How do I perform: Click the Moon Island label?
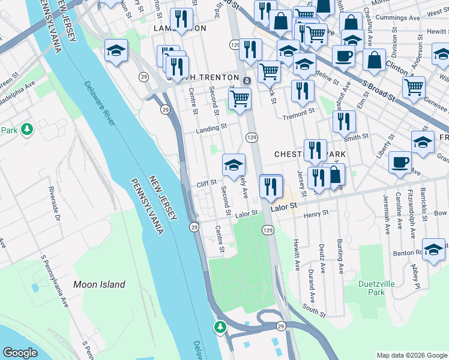(x=99, y=284)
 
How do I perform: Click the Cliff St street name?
(x=206, y=184)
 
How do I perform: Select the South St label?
(x=314, y=310)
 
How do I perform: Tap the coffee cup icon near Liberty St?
(x=400, y=162)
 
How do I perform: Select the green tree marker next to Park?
(x=26, y=129)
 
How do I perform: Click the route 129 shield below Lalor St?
(x=268, y=230)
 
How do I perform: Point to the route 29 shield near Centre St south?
(x=194, y=227)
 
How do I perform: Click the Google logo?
(x=20, y=353)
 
